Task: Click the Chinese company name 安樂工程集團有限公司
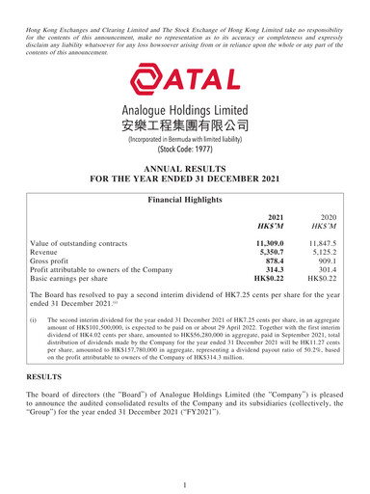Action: (184, 125)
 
